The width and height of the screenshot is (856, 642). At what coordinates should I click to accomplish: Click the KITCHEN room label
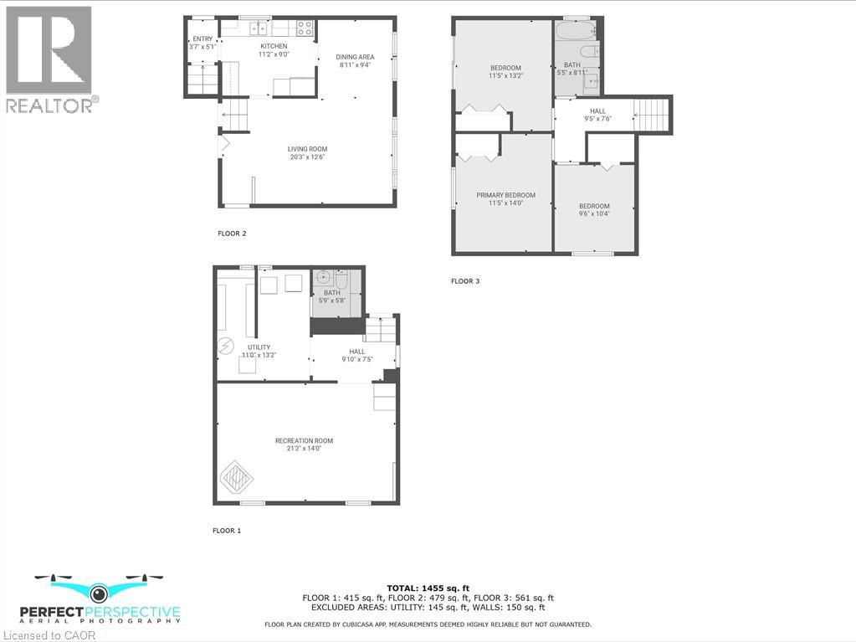click(x=274, y=46)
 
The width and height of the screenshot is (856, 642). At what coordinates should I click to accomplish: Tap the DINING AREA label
click(x=355, y=57)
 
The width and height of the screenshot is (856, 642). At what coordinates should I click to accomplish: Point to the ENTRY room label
click(x=202, y=39)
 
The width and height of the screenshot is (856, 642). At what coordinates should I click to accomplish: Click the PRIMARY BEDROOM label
click(x=505, y=196)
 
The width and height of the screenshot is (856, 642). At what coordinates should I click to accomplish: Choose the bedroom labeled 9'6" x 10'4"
click(x=594, y=210)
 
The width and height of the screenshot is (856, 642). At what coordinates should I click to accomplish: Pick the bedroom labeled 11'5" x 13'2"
click(x=505, y=72)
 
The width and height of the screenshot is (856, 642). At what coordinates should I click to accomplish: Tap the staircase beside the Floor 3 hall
click(x=652, y=114)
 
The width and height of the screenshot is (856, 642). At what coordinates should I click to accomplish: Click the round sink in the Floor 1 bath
click(x=325, y=278)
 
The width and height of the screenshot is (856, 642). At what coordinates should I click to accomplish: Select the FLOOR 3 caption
click(x=465, y=281)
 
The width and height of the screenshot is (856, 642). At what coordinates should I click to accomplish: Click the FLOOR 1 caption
click(x=226, y=531)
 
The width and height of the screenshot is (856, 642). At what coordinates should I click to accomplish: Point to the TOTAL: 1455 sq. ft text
click(x=428, y=588)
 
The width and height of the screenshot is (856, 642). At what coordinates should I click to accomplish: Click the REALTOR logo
click(x=50, y=59)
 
